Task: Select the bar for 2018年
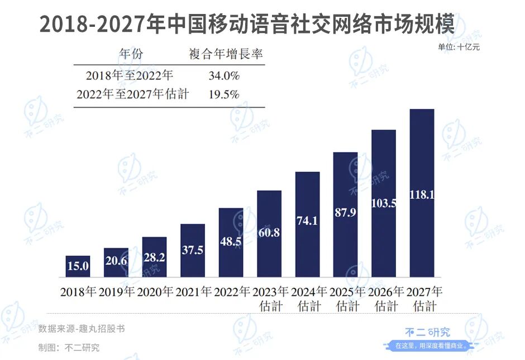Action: (x=78, y=267)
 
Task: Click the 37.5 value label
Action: (x=193, y=250)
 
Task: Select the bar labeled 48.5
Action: (x=231, y=243)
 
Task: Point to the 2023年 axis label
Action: (x=270, y=291)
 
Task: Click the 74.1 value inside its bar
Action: (x=307, y=221)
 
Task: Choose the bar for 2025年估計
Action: (x=345, y=215)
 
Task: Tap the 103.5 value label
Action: (x=384, y=203)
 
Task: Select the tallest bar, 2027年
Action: (x=422, y=193)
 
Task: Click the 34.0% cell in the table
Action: (x=224, y=75)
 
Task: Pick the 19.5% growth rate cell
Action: (x=224, y=94)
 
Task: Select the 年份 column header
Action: (x=131, y=54)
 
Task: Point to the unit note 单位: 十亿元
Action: (x=459, y=47)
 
